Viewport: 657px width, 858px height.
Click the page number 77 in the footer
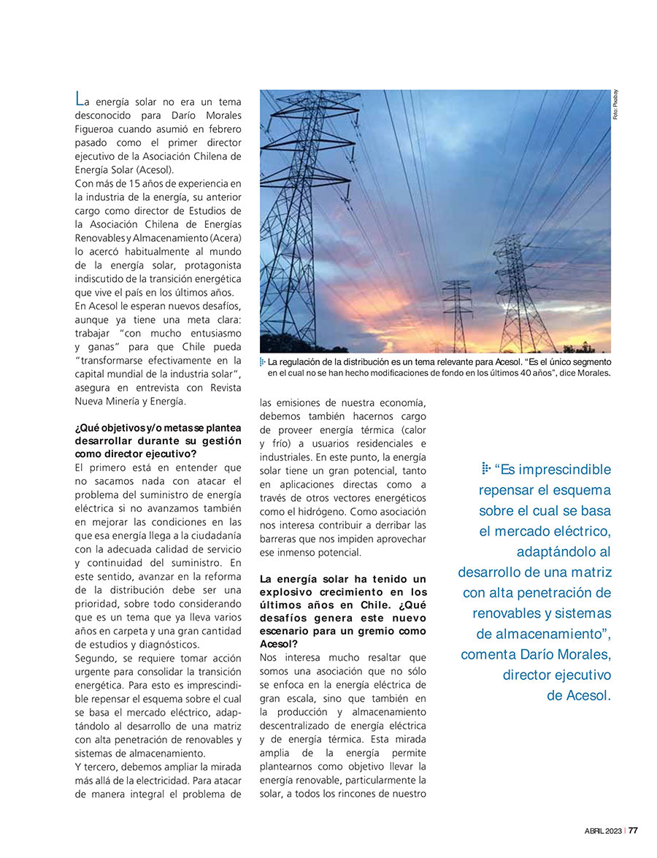[633, 830]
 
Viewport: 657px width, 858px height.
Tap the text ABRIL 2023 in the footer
[604, 830]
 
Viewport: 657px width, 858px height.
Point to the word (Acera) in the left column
[223, 238]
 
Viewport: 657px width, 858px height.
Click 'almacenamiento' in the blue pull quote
[538, 634]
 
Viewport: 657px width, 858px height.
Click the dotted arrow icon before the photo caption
[264, 362]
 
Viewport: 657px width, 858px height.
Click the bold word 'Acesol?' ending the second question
[279, 644]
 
